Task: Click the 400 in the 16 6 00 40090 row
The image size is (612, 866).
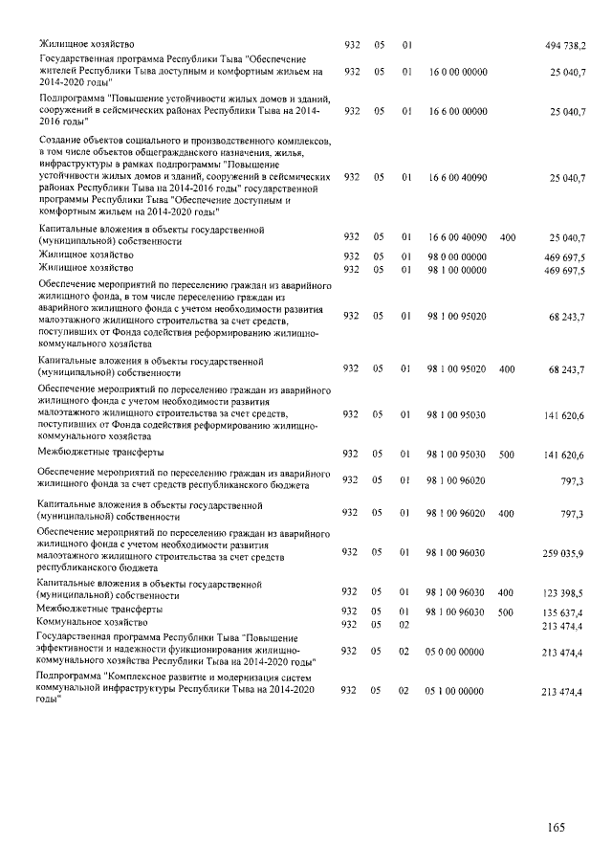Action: click(x=508, y=236)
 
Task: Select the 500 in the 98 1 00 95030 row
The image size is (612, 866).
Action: click(x=508, y=455)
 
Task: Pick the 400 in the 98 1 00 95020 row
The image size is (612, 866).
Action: click(x=508, y=368)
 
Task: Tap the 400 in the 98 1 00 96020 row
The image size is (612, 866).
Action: click(x=508, y=514)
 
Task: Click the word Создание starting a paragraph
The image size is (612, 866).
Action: click(x=59, y=140)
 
